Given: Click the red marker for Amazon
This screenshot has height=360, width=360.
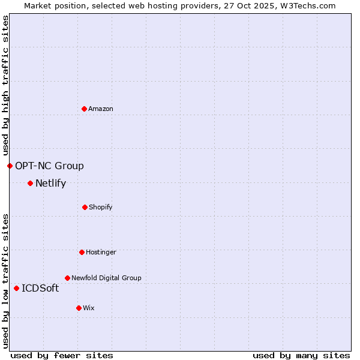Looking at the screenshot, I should point(84,109).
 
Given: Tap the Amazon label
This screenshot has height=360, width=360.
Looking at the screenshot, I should point(101,109).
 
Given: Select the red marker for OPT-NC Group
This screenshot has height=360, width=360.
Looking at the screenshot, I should point(10,166).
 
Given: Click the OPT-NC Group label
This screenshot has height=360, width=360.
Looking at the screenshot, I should point(49,166).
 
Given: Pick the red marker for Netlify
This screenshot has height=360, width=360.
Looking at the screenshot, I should point(30,183).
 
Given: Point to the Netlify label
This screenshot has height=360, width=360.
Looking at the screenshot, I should point(50,184).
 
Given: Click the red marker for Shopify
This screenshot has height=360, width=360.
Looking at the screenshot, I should point(85,207).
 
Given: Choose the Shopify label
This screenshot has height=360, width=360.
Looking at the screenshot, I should point(101,208).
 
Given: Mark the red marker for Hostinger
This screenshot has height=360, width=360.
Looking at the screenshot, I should point(82,252).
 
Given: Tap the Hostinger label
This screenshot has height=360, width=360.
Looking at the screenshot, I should point(101,253).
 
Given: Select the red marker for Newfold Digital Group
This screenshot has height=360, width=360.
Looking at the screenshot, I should point(67,278).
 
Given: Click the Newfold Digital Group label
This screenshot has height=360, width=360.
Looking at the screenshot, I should point(106,278).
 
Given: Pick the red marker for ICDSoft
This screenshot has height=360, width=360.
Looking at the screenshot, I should point(16,288).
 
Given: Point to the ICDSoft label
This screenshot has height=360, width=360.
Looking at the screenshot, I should point(40,289).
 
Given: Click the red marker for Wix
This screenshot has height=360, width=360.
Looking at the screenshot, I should point(79,308).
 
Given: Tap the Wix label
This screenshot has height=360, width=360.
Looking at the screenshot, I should point(89,308).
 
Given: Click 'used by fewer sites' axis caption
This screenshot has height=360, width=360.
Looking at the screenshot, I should point(62,355).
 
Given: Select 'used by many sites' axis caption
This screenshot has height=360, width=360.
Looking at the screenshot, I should point(301,355).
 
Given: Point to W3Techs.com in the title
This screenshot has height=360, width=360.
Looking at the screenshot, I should point(305,5).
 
